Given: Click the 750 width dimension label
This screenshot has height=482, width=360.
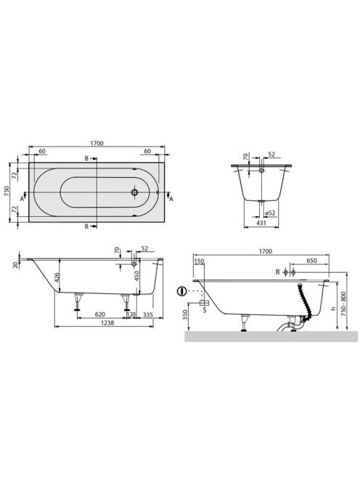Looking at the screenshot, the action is (x=7, y=192).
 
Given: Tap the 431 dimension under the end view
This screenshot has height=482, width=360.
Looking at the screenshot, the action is (x=261, y=223).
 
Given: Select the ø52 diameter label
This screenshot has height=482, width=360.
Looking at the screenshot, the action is (x=269, y=213).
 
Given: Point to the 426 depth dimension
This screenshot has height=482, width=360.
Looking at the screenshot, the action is (x=57, y=277).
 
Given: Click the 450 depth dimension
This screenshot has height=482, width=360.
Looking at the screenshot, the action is (x=137, y=276).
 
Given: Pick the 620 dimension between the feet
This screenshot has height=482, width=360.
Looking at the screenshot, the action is (x=100, y=314).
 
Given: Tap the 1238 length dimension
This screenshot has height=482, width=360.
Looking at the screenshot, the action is (x=107, y=323).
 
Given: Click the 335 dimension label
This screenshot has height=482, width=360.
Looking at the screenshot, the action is (x=148, y=315).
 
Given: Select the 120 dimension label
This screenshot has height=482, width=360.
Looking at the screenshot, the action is (x=131, y=314).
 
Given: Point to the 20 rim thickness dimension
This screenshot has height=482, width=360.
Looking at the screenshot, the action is (x=15, y=265).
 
